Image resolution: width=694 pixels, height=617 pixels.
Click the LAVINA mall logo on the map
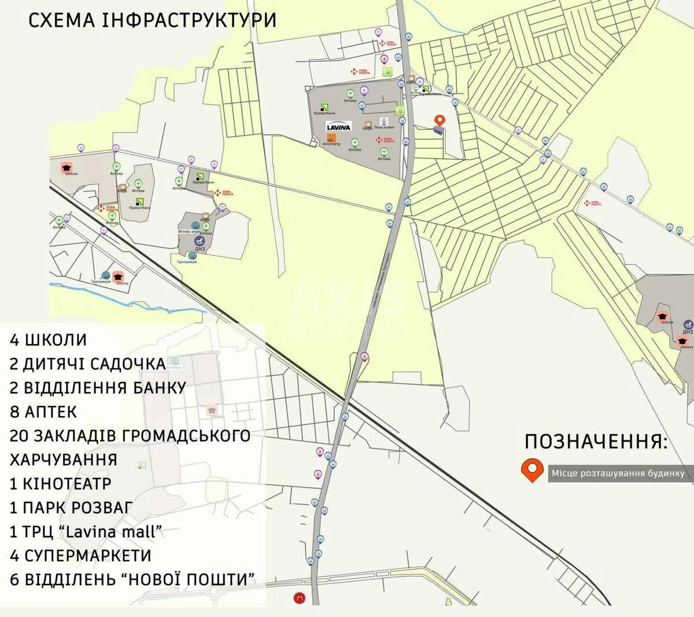point(339,127)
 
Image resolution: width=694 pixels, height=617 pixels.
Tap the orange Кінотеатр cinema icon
point(332,138)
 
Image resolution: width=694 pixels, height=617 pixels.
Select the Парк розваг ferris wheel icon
point(383,122)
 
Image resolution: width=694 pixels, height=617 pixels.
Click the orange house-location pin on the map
point(440,120)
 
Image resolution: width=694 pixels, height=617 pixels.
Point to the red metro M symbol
point(299,598)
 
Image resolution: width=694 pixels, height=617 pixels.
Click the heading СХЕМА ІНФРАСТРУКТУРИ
point(152,20)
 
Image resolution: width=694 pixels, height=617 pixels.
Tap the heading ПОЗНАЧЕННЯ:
point(596,442)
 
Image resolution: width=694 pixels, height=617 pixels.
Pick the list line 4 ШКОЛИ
point(48,340)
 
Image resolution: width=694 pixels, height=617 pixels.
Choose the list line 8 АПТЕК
point(43,412)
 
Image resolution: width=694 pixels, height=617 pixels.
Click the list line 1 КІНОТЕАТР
point(60,483)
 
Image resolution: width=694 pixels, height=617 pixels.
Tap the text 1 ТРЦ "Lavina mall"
point(85,531)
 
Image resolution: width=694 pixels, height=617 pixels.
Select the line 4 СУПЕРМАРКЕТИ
point(80,555)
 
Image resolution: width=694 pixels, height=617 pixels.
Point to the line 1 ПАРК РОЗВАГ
point(72,508)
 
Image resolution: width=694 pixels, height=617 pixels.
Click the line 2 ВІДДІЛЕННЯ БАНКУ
point(98,388)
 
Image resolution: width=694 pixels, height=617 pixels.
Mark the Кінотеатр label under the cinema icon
point(332,145)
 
